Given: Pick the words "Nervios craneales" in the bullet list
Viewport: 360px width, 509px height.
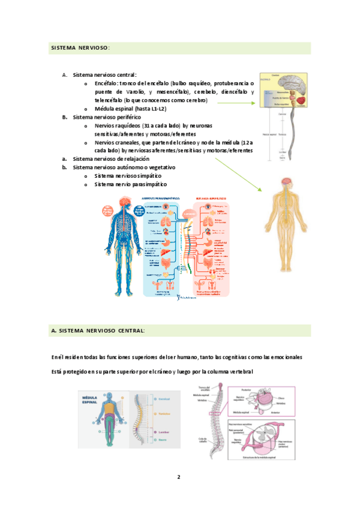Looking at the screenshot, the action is [118, 142].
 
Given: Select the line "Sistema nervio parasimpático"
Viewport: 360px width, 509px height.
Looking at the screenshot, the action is [131, 184].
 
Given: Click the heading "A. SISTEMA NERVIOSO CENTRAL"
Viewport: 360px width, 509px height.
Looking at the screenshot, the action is [98, 331].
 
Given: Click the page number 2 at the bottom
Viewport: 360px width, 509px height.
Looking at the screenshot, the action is [178, 477].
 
